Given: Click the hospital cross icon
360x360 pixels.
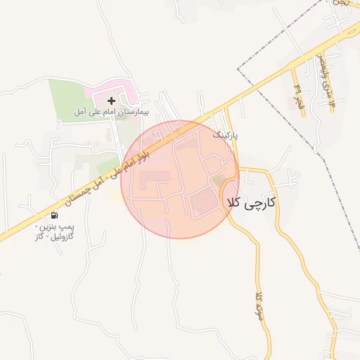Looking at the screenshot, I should [111, 101].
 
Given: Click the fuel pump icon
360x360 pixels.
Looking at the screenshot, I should [54, 215].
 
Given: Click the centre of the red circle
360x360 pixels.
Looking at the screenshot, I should [180, 180].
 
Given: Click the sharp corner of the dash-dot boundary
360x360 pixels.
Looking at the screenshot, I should [238, 69].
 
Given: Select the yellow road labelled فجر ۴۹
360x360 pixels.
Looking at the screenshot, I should [302, 104].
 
